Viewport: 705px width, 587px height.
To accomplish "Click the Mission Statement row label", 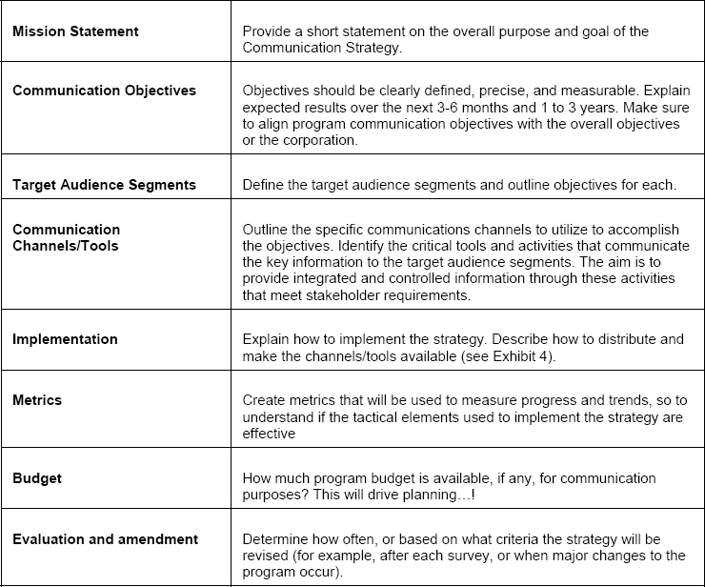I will tap(75, 31).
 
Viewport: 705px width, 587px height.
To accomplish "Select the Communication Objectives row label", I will tap(104, 91).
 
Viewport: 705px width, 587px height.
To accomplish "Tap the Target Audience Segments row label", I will tap(104, 185).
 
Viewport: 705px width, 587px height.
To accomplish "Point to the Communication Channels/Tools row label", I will tap(67, 237).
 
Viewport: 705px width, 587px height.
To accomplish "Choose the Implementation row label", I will tap(65, 339).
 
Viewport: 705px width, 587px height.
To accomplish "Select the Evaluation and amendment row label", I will tap(105, 539).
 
